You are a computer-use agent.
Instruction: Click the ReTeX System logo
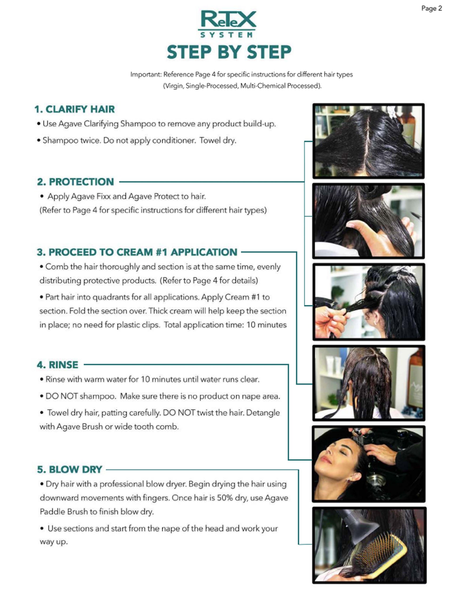(227, 24)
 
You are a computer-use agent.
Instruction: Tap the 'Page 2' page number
(431, 8)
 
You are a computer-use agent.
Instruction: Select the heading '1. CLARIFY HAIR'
(75, 109)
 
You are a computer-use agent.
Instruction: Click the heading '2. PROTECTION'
(75, 182)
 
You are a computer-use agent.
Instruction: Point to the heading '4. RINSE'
(57, 365)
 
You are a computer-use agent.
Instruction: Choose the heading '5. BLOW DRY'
(69, 469)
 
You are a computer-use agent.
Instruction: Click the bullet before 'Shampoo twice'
(39, 141)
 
